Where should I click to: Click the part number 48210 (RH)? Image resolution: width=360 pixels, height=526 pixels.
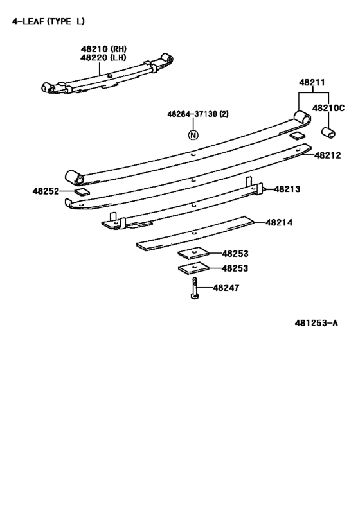pyautogui.click(x=104, y=49)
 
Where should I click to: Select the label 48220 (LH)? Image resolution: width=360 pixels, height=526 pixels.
pyautogui.click(x=104, y=58)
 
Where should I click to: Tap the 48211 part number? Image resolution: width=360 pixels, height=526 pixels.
pyautogui.click(x=312, y=82)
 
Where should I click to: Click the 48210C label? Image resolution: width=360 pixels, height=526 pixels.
pyautogui.click(x=328, y=108)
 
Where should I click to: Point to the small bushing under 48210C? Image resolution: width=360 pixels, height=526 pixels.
pyautogui.click(x=328, y=132)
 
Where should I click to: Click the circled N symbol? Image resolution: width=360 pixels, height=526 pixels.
pyautogui.click(x=193, y=135)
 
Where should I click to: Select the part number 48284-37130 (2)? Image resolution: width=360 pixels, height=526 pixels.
pyautogui.click(x=198, y=114)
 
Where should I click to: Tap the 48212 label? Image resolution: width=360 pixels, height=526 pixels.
pyautogui.click(x=328, y=155)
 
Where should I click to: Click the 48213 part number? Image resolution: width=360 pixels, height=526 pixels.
pyautogui.click(x=287, y=189)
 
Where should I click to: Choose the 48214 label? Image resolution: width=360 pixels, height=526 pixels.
pyautogui.click(x=279, y=222)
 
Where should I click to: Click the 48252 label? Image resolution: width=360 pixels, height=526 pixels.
pyautogui.click(x=46, y=191)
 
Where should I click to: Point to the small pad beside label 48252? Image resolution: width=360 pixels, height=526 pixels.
pyautogui.click(x=82, y=192)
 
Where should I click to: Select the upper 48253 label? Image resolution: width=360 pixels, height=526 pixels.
pyautogui.click(x=235, y=254)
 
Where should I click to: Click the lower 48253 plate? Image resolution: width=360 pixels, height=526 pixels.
pyautogui.click(x=194, y=267)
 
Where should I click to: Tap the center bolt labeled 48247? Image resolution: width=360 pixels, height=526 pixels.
pyautogui.click(x=195, y=288)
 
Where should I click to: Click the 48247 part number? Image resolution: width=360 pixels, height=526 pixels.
pyautogui.click(x=226, y=288)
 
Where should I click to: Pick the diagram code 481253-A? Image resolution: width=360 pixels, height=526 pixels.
pyautogui.click(x=316, y=323)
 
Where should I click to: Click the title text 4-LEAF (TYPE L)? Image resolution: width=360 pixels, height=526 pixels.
pyautogui.click(x=48, y=21)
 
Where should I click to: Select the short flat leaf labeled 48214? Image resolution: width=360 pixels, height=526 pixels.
pyautogui.click(x=195, y=232)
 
